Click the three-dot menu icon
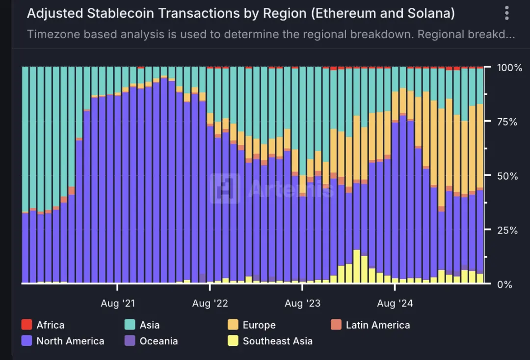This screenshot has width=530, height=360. pos(507,13)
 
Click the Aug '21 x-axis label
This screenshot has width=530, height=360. pos(117,304)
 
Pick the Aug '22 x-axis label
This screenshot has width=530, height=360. pos(210,304)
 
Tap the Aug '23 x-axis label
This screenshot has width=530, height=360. pos(302,304)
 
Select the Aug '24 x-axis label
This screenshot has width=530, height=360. pos(395,304)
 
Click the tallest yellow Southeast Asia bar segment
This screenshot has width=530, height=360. pos(357,267)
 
